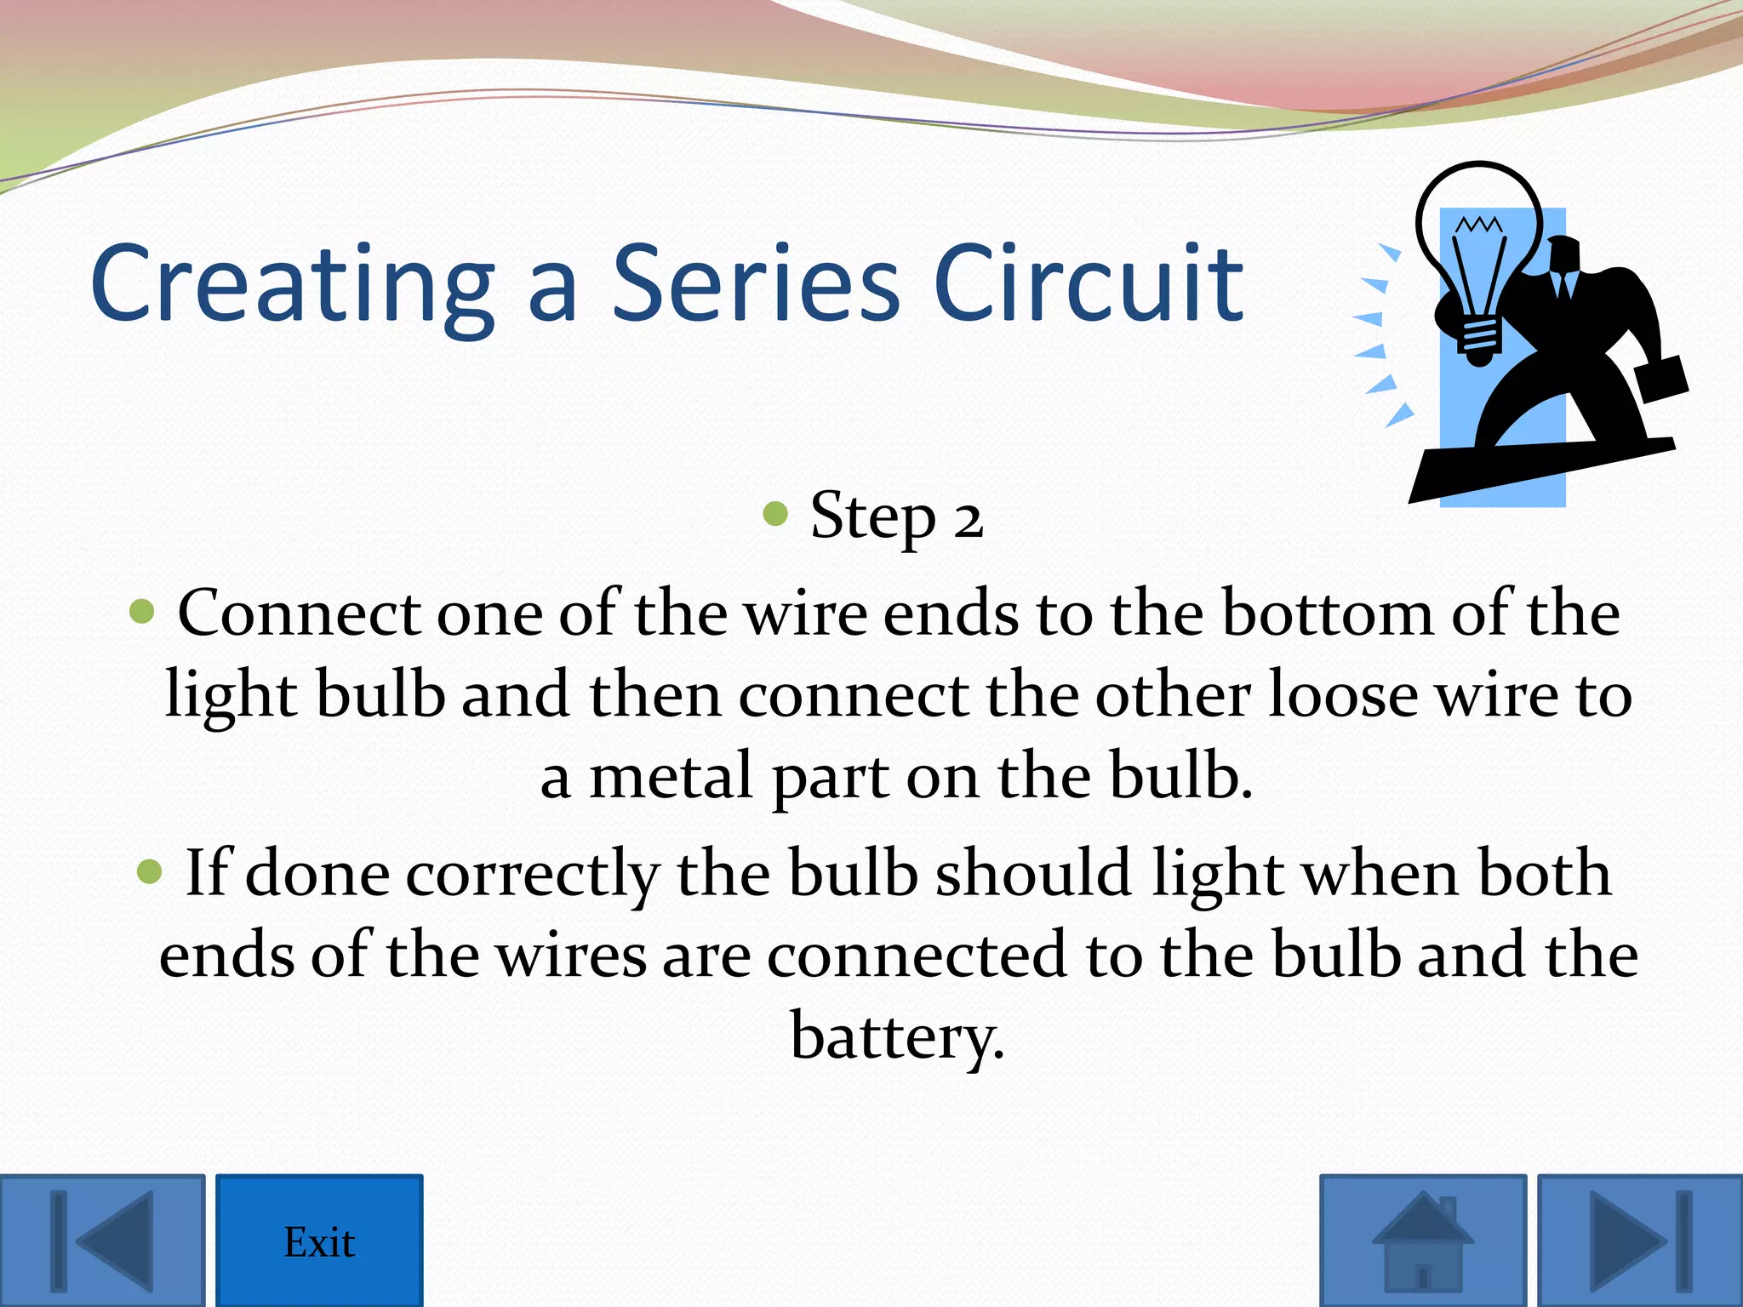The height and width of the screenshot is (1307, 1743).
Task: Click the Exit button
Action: pos(319,1241)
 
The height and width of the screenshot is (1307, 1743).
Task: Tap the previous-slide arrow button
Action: pos(102,1241)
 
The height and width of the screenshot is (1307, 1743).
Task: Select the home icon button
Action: pos(1423,1241)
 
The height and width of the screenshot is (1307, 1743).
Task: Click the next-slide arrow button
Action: pos(1640,1241)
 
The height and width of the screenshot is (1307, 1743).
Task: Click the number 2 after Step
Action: pos(969,519)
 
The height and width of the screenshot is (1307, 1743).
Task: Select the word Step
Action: pos(872,517)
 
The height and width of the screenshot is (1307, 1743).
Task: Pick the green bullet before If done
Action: pos(149,871)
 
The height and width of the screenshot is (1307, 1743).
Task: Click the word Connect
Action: pos(299,613)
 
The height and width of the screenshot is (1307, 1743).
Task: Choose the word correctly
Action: pos(533,875)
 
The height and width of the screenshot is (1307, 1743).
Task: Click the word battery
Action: pos(897,1036)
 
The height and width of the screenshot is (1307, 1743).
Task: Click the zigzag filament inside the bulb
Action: pos(1479,225)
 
